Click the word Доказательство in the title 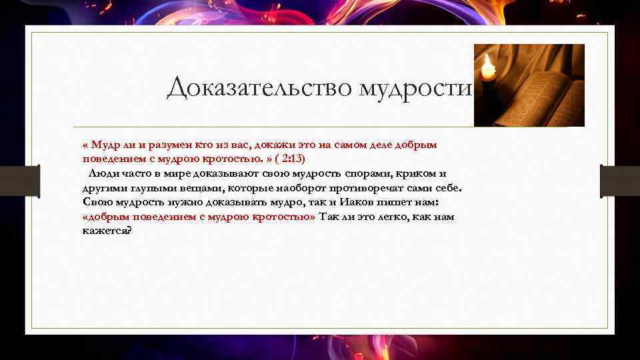(260, 87)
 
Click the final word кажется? (107, 231)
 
